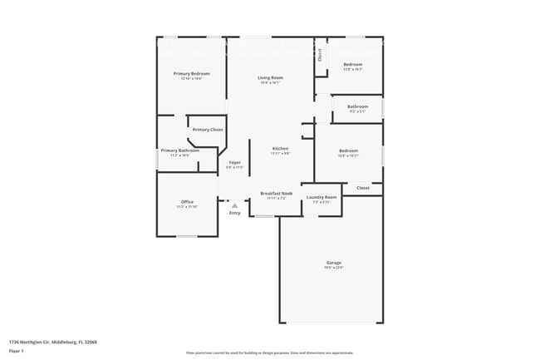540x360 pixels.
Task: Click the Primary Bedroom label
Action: coord(191,74)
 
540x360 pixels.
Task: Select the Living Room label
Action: coord(270,77)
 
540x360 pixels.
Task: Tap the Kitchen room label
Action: coord(281,149)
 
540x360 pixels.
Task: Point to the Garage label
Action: coord(333,263)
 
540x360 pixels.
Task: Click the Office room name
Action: coord(188,201)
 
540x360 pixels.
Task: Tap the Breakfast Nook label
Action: coord(276,194)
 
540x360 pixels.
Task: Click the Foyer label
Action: coord(235,162)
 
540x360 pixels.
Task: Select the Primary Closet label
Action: coord(208,130)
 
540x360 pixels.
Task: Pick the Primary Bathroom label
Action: coord(180,150)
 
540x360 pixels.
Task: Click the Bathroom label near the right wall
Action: coord(357,106)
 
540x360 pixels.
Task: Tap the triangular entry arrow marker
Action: coord(234,205)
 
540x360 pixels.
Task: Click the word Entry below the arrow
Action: coord(235,213)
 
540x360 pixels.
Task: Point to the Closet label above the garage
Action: coord(363,188)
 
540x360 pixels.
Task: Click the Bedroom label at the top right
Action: coord(353,64)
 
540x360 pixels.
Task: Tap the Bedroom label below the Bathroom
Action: coord(348,150)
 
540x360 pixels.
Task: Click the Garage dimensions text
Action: coord(333,268)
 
